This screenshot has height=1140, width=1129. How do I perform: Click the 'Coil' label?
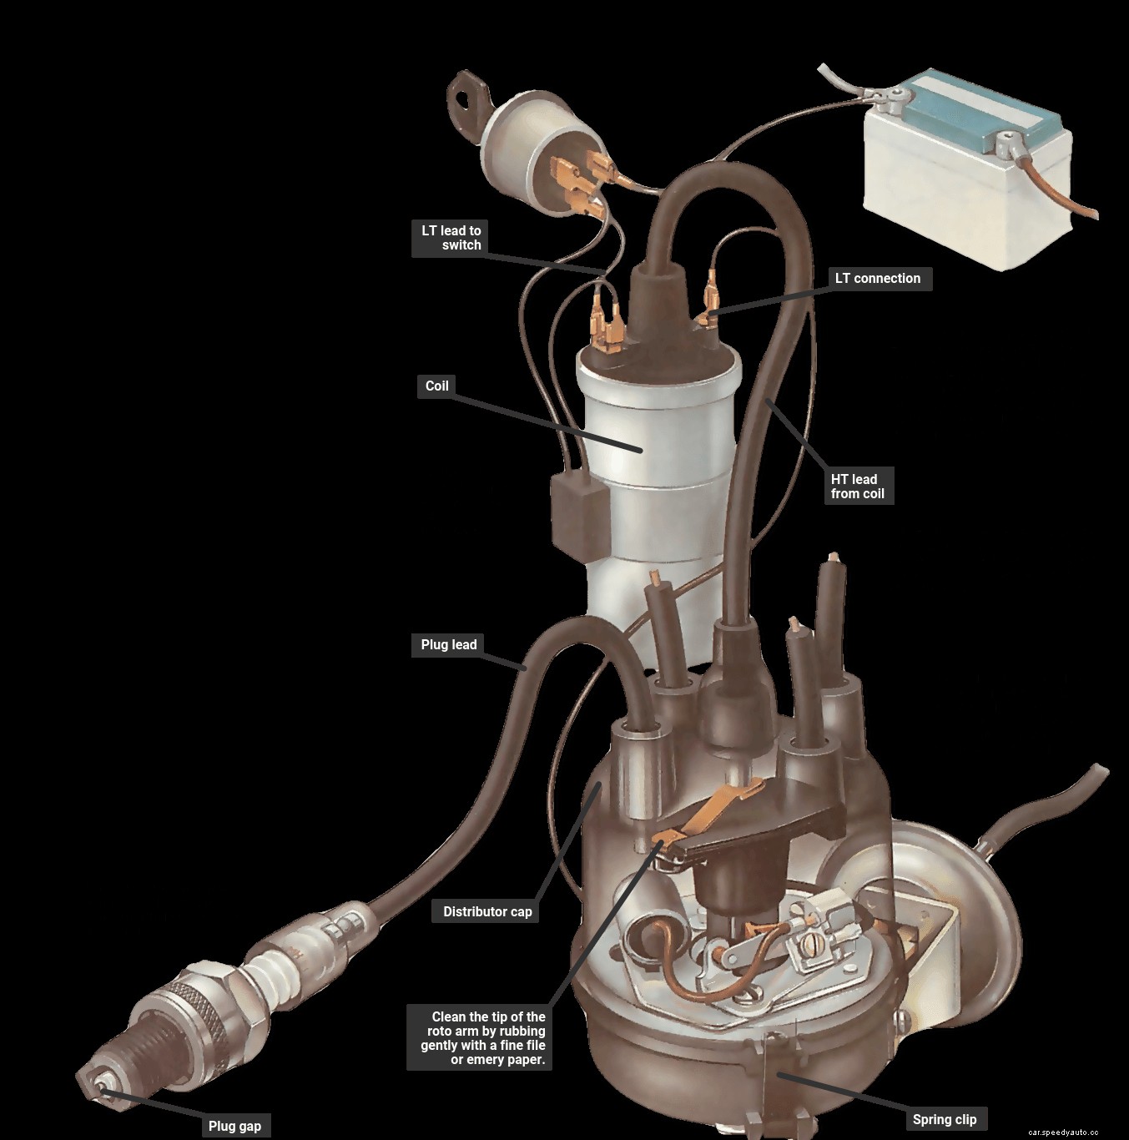pos(436,386)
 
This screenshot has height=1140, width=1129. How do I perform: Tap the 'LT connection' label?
pos(877,279)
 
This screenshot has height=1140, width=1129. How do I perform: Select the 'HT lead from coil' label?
pos(857,487)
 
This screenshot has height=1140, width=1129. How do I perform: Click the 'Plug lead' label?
pos(448,644)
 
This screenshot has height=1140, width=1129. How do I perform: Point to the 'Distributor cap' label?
pos(487,911)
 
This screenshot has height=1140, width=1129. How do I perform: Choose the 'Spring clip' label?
pos(944,1119)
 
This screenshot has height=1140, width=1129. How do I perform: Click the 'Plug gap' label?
pos(234,1126)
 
